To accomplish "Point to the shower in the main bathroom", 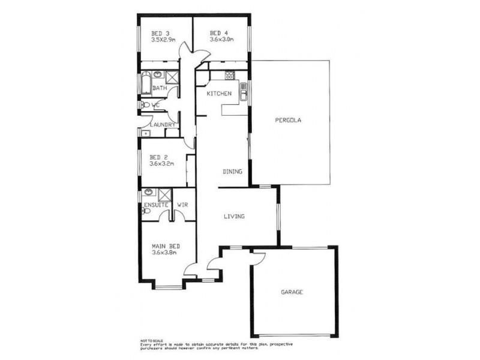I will [x=172, y=77].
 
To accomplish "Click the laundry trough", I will [x=145, y=132].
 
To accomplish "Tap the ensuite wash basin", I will [x=148, y=193].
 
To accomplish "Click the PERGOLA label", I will [x=288, y=120].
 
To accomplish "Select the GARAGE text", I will [x=292, y=292].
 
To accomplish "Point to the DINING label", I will [x=232, y=172].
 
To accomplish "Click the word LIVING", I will [x=233, y=216].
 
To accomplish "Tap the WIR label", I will [x=183, y=205].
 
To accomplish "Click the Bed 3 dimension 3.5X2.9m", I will [x=163, y=40].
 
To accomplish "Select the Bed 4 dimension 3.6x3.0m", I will [x=221, y=40].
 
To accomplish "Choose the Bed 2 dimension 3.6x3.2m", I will [x=162, y=163].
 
